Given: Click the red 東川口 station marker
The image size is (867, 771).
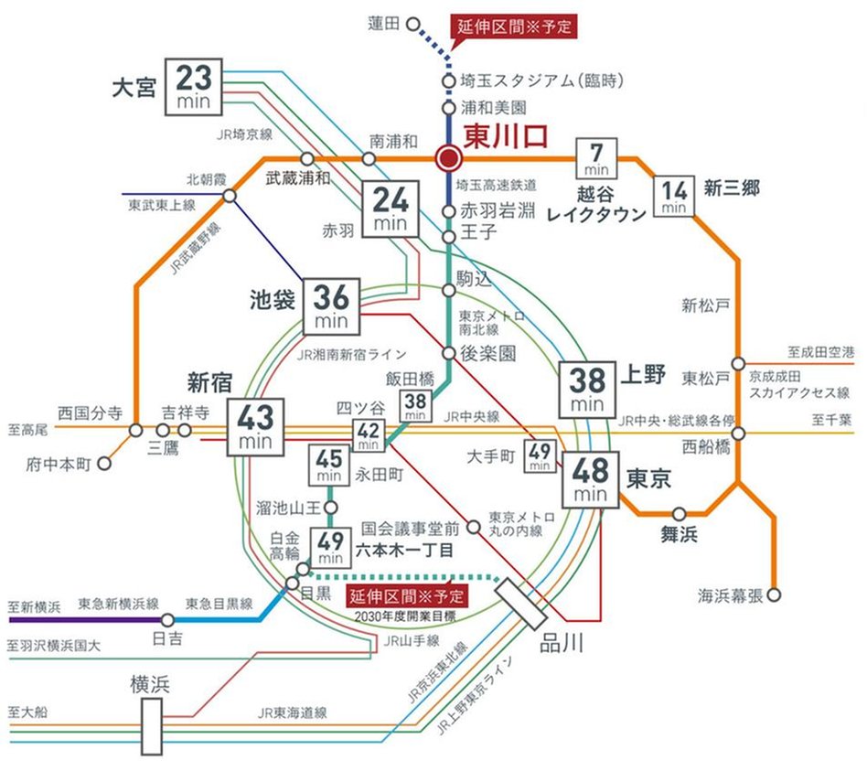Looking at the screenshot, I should (448, 159).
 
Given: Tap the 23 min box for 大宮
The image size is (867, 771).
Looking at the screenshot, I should (194, 87).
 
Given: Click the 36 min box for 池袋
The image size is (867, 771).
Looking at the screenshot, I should (332, 305).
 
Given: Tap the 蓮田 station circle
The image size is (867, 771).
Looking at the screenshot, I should (412, 26).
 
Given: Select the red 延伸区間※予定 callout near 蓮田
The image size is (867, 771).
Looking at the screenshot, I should (515, 26).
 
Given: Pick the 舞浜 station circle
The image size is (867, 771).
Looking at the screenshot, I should (680, 514).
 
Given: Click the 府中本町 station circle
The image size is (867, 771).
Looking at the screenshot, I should (105, 463).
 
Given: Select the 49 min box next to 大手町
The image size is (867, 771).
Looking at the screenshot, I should (539, 455).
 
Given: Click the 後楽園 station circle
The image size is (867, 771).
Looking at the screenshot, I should (448, 353).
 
